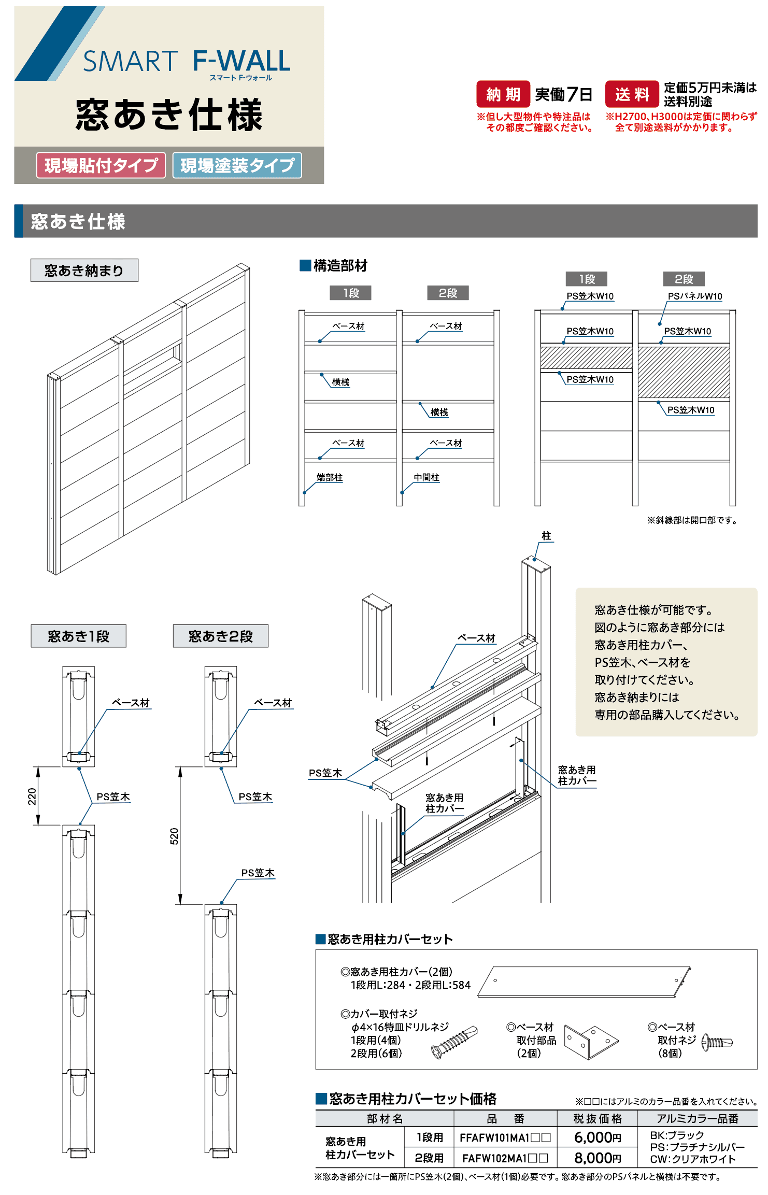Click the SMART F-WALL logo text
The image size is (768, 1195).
tap(187, 61)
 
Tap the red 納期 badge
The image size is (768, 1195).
tap(503, 94)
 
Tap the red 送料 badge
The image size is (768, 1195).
tap(632, 94)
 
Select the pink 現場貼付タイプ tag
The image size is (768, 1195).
tap(101, 165)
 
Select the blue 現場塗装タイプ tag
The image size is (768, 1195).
tap(237, 165)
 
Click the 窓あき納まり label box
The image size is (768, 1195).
tap(84, 271)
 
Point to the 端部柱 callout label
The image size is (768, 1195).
tap(330, 477)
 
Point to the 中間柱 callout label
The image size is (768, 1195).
tap(426, 477)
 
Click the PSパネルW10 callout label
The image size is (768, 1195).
tap(694, 296)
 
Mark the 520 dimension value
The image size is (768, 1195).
tap(174, 836)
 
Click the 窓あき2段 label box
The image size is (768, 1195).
tap(221, 636)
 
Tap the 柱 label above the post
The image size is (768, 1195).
tap(546, 536)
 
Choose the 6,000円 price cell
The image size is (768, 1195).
tap(597, 1137)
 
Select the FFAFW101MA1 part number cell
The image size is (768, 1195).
tap(505, 1137)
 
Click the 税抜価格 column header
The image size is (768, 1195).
tap(597, 1118)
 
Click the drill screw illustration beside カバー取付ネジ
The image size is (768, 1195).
tap(454, 1042)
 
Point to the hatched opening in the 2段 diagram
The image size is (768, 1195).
tap(684, 372)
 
